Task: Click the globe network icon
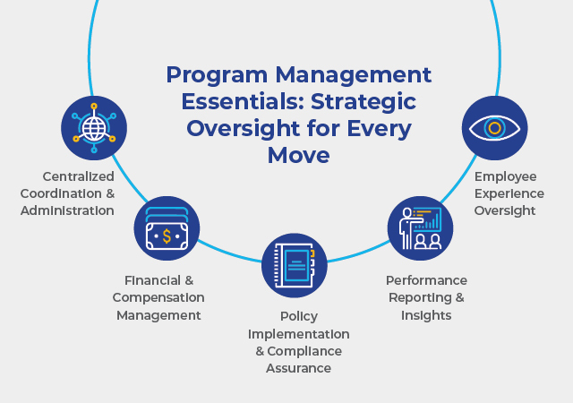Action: [x=93, y=128]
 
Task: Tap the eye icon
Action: [x=495, y=128]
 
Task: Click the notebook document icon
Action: [x=295, y=265]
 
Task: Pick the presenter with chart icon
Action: [x=420, y=228]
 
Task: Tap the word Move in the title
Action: [x=299, y=156]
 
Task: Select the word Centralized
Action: [x=86, y=176]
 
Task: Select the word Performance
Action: [x=426, y=280]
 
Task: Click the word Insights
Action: [x=425, y=315]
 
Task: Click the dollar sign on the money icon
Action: [x=166, y=235]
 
